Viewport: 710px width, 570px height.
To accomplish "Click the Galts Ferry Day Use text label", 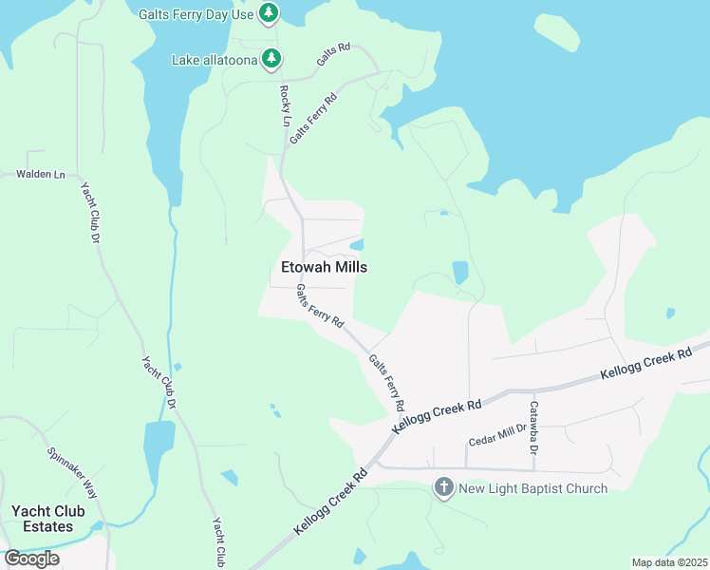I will tap(196, 13).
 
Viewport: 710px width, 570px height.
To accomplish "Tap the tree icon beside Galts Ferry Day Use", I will tap(271, 12).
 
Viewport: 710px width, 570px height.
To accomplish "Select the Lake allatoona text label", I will tap(214, 60).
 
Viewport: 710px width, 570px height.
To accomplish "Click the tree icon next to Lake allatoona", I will tap(271, 59).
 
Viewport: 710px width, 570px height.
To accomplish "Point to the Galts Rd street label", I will tap(334, 54).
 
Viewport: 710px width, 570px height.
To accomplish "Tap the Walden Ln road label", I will tap(41, 175).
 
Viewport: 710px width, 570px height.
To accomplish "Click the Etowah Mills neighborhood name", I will tap(324, 268).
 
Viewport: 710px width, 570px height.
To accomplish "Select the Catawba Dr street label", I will tap(533, 422).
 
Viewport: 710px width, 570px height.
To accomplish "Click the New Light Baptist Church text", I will tap(532, 489).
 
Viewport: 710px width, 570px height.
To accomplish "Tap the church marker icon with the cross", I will tap(443, 488).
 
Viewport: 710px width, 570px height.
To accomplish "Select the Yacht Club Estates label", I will tap(47, 519).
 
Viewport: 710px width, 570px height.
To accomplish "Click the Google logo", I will tap(32, 559).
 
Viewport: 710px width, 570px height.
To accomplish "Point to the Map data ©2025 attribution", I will tap(670, 562).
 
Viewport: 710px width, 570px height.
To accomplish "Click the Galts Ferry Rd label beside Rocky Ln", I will tap(314, 118).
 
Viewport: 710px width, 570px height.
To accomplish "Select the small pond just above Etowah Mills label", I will tap(356, 242).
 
